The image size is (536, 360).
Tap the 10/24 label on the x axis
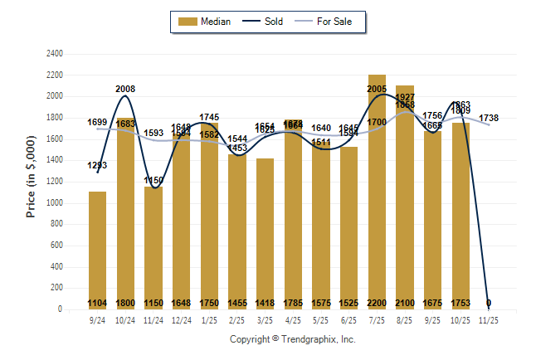(125, 319)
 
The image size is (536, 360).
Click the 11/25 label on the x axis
(489, 319)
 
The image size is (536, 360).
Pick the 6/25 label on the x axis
(348, 319)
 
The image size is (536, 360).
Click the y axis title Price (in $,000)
(31, 181)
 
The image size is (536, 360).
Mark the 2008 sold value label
(125, 89)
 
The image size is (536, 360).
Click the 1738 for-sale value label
(489, 119)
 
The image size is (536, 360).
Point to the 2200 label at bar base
(377, 304)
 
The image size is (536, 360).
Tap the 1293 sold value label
(97, 165)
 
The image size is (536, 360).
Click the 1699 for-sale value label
(97, 122)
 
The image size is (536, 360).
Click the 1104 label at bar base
(97, 304)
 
